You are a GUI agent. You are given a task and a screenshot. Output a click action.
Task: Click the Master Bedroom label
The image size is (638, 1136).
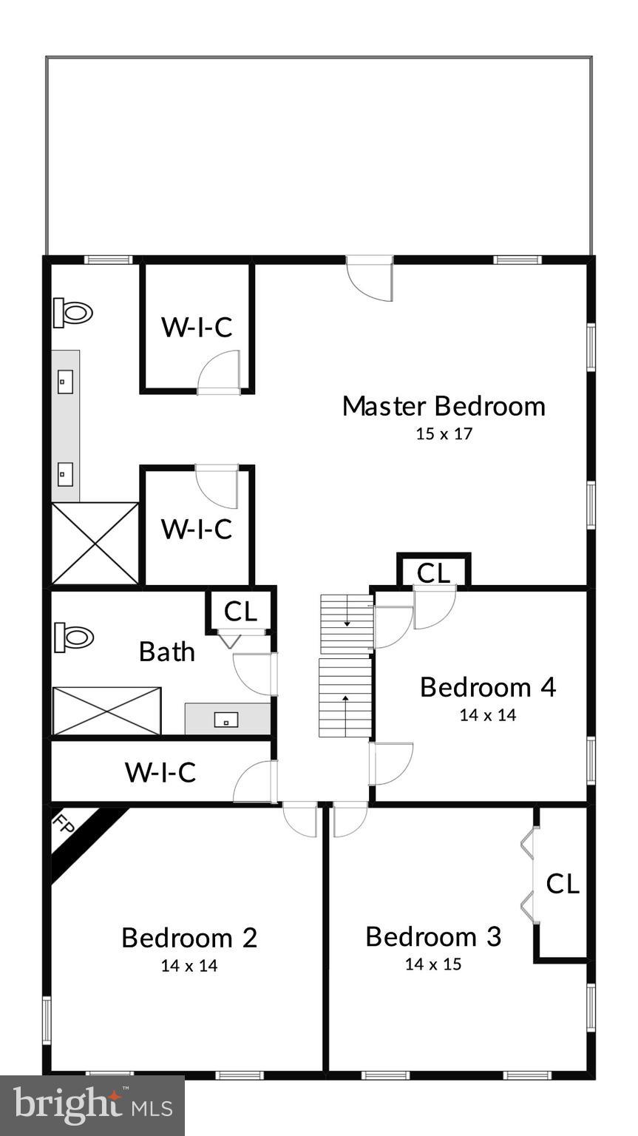(444, 406)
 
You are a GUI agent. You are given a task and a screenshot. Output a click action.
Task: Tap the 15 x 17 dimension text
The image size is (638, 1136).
(444, 434)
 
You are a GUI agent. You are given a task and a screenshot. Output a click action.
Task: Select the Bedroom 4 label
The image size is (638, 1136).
(487, 687)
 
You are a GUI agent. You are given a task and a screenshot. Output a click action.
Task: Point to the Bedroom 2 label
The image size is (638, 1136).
(189, 938)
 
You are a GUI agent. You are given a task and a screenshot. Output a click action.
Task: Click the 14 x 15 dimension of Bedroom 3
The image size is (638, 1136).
(433, 964)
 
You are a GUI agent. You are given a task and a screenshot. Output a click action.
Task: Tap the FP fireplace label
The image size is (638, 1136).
(65, 825)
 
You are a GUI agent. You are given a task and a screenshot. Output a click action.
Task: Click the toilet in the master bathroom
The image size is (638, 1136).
(72, 313)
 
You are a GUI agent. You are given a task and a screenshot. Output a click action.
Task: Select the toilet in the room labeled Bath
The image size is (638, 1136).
(73, 637)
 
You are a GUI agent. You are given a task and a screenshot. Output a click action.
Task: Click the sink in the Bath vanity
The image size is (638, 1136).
(226, 719)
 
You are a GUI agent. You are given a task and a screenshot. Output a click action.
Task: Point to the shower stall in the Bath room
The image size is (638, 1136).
(106, 711)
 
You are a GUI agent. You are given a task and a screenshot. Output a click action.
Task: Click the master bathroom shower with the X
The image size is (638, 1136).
(95, 544)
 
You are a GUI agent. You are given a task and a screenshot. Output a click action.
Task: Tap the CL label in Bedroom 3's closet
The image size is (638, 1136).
(563, 884)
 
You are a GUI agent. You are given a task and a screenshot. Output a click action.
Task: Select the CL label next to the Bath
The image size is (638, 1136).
(240, 612)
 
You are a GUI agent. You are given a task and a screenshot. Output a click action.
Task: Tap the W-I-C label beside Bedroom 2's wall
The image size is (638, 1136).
(160, 772)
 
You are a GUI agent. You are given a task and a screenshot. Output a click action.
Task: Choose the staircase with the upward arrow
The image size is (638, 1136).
(345, 697)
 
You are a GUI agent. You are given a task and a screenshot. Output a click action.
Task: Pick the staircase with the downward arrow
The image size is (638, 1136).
(347, 623)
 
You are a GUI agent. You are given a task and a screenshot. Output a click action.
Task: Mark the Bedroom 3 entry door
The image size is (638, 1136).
(349, 819)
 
